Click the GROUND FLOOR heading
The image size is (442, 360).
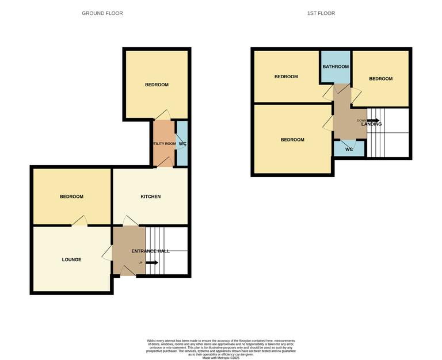(x=102, y=13)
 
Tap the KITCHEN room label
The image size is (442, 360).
(x=151, y=197)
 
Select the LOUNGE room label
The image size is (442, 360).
(x=71, y=260)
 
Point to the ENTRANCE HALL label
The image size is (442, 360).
(x=150, y=251)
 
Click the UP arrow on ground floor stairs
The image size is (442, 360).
(x=151, y=263)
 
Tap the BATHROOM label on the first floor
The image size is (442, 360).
(x=336, y=67)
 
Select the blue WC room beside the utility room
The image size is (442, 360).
(x=182, y=144)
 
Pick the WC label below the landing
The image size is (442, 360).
(x=349, y=150)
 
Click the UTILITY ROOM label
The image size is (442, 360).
(x=164, y=144)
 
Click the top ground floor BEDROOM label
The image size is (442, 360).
(x=157, y=85)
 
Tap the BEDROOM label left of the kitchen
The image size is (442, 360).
(x=71, y=197)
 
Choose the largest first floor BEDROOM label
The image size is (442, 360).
(x=292, y=140)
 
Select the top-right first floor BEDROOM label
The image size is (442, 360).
(x=380, y=79)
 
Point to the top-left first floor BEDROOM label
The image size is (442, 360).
(x=286, y=77)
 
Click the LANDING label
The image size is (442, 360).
(x=371, y=124)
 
